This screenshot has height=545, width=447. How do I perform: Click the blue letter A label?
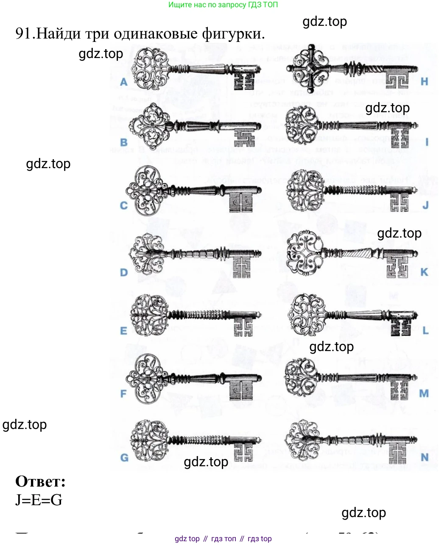(x=124, y=82)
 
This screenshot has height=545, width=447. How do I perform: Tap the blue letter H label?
(x=424, y=81)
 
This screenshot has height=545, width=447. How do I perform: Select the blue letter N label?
(x=425, y=457)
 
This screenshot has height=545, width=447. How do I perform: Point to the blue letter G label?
(x=124, y=457)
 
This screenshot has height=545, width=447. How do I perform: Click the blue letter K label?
(x=424, y=272)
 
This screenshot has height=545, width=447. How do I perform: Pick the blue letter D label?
(x=123, y=272)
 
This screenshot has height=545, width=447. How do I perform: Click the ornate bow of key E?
(x=149, y=315)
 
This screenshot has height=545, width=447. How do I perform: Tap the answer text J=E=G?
(x=39, y=500)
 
